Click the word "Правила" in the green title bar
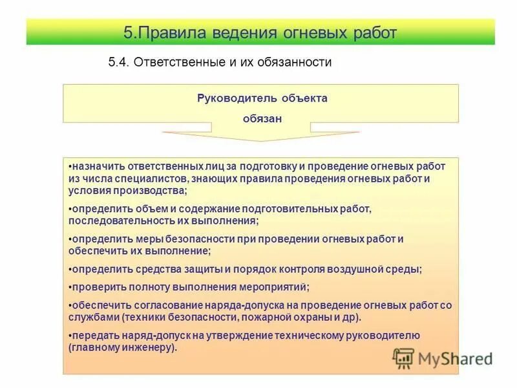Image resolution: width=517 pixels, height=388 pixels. pyautogui.click(x=171, y=32)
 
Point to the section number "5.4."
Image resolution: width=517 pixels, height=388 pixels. pyautogui.click(x=119, y=62)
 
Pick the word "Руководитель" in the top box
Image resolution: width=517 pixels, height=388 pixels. pyautogui.click(x=237, y=98)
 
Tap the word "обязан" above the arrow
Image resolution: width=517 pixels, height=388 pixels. pyautogui.click(x=262, y=118)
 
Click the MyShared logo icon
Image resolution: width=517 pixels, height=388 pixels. pyautogui.click(x=404, y=357)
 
